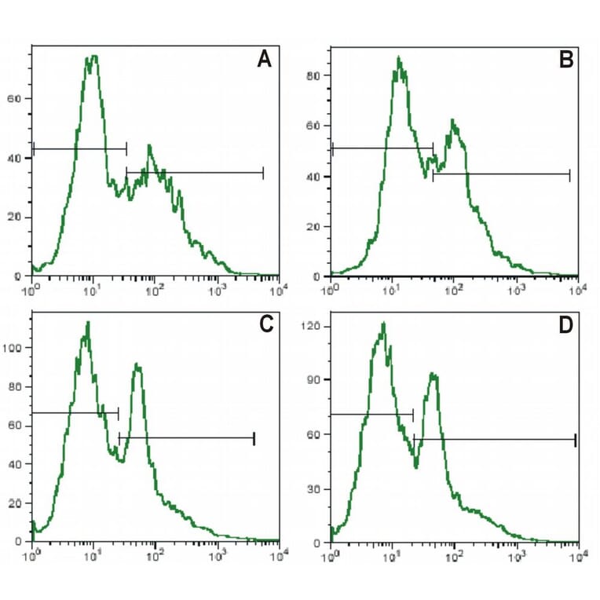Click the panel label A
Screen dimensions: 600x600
[265, 60]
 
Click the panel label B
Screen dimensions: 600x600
[565, 60]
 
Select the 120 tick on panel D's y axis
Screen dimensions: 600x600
[316, 325]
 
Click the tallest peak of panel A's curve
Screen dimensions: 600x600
[93, 57]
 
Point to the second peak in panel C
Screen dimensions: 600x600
[137, 364]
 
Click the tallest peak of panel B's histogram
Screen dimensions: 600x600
[399, 57]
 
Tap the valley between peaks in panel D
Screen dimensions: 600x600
[416, 466]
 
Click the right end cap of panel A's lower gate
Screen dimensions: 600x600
[263, 173]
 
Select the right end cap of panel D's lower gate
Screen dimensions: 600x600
[576, 440]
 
